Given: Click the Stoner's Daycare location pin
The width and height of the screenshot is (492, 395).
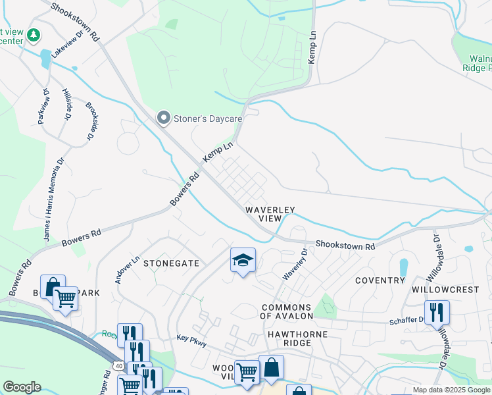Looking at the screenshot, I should click(163, 118).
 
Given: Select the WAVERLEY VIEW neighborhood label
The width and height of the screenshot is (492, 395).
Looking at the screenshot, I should click(270, 214).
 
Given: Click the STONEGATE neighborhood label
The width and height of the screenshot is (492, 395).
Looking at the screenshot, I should click(171, 263).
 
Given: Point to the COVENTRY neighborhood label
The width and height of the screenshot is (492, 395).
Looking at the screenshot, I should click(380, 280).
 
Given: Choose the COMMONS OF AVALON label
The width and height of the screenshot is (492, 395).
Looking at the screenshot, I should click(286, 313).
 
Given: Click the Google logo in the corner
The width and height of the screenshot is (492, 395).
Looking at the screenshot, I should click(22, 387).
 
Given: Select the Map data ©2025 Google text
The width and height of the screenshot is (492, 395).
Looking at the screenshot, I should click(451, 390).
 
